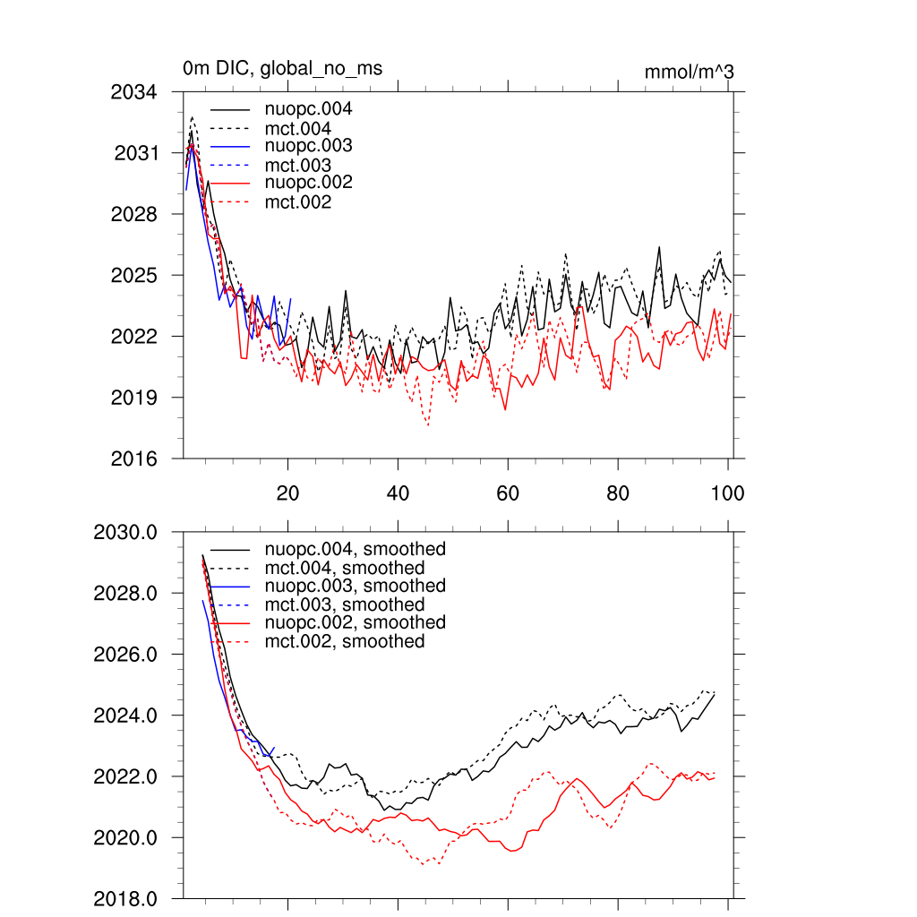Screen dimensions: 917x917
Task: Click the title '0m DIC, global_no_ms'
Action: (x=282, y=68)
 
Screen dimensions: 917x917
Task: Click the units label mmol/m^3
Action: (x=689, y=72)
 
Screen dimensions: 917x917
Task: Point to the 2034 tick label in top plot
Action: (x=134, y=92)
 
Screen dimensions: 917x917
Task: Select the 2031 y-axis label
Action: (x=136, y=153)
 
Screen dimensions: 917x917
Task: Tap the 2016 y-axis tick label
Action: (x=134, y=458)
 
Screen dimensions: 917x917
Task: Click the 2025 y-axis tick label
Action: (x=134, y=275)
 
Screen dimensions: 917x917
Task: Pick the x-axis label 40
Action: (x=398, y=493)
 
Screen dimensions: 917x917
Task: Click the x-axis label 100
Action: (x=727, y=493)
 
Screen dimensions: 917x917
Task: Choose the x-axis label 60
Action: (x=508, y=493)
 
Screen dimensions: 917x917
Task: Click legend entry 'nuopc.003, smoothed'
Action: (x=355, y=586)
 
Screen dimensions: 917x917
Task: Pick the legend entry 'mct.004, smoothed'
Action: (x=345, y=568)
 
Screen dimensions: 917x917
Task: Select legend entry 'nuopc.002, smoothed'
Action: (x=355, y=622)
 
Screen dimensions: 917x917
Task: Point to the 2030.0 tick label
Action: (x=126, y=533)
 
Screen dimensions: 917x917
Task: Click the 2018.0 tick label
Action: (x=126, y=898)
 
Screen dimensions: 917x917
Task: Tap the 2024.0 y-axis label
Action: (x=126, y=716)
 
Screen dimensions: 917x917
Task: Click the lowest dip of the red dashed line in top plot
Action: (x=428, y=425)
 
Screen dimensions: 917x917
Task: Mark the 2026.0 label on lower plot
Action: (x=126, y=655)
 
